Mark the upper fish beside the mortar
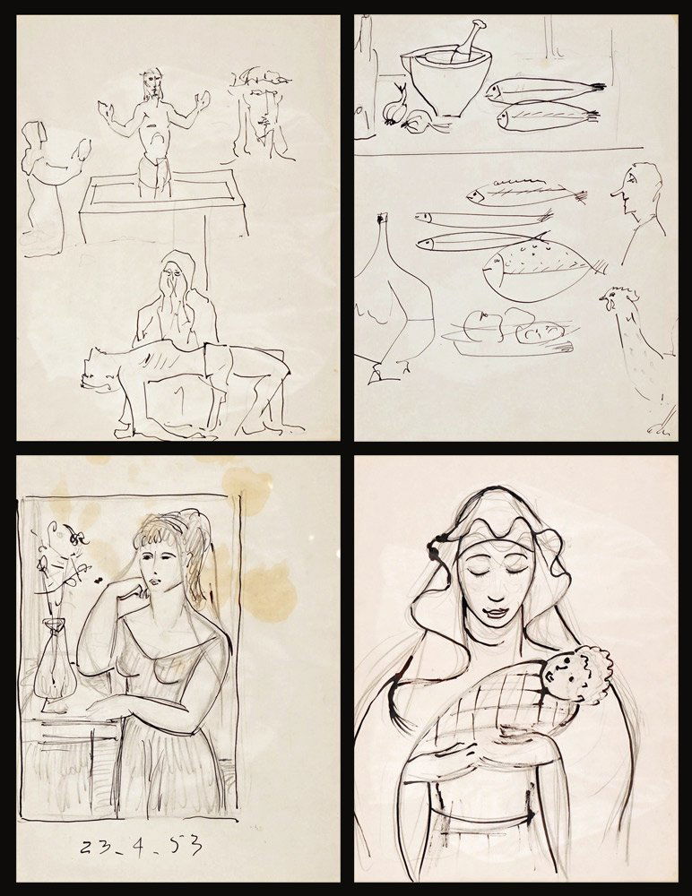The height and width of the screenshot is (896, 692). click(x=542, y=89)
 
